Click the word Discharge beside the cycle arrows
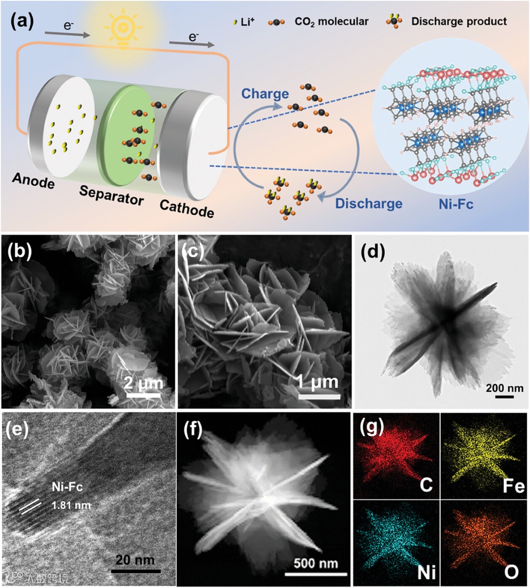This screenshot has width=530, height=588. [x=369, y=203]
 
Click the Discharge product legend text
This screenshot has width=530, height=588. [x=459, y=22]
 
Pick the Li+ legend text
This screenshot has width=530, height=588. [x=248, y=22]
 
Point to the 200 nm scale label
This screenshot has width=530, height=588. [x=505, y=388]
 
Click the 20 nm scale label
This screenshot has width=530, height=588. [x=135, y=559]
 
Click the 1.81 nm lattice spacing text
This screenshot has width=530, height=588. [x=71, y=505]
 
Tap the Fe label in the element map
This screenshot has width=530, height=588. [x=513, y=486]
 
